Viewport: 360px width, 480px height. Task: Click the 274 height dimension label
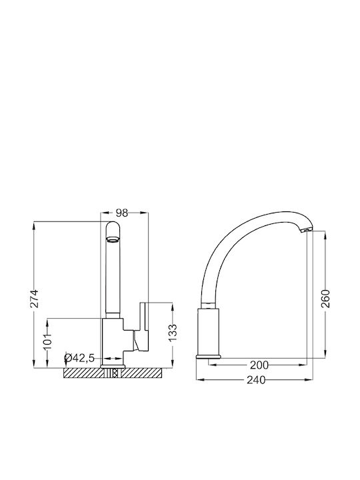[x=35, y=298]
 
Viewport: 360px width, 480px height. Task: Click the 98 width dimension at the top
[x=122, y=213]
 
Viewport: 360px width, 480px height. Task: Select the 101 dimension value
[x=47, y=343]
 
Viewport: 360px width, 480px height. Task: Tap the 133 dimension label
[x=173, y=333]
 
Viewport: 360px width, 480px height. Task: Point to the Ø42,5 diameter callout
[x=79, y=358]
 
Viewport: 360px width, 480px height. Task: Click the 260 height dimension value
[x=326, y=299]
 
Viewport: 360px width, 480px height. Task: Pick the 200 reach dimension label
[x=259, y=365]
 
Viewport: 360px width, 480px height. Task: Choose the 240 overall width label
[x=256, y=380]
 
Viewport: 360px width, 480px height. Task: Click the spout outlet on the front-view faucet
[x=112, y=239]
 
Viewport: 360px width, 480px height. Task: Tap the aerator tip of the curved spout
[x=306, y=230]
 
